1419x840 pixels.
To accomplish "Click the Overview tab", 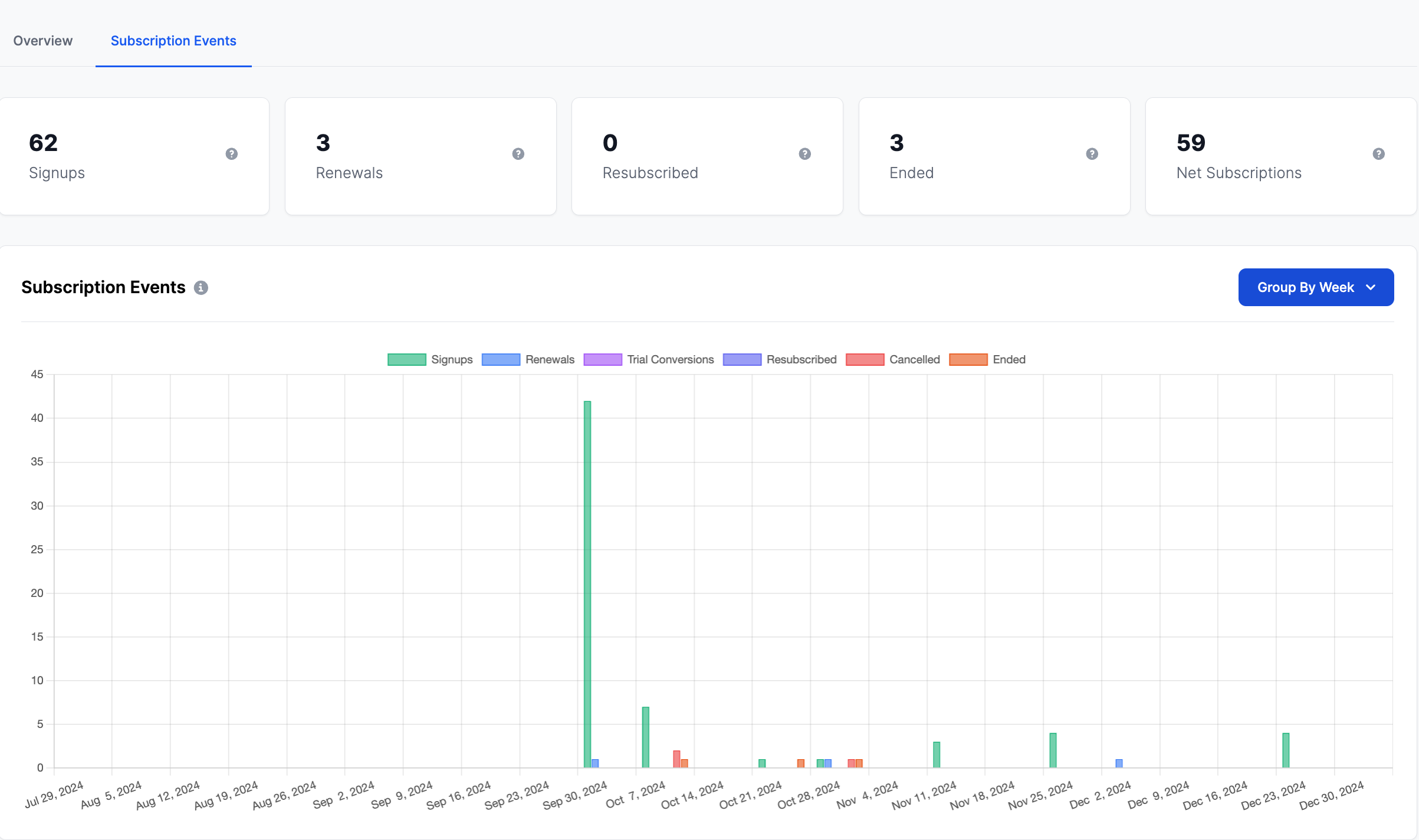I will point(43,41).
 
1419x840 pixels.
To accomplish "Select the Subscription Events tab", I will point(173,41).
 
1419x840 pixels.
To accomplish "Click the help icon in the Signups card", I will point(232,154).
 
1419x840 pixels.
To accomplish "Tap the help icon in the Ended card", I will point(1092,154).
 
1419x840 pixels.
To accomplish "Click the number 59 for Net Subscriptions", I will point(1191,143).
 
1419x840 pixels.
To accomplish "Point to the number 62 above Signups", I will point(43,143).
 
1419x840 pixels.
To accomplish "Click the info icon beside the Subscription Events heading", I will point(201,288).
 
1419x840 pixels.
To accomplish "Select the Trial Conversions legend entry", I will point(649,360).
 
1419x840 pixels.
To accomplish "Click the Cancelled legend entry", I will point(893,360).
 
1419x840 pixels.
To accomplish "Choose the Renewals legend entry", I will point(528,360).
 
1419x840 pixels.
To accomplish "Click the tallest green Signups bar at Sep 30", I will point(587,584).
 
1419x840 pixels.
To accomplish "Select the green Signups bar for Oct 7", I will point(646,737).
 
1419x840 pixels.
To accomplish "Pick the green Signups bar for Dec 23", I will point(1286,750).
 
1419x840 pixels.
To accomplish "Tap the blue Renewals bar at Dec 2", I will point(1119,763).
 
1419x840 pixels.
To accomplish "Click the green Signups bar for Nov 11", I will point(937,754).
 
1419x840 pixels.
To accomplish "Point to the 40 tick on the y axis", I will point(37,418).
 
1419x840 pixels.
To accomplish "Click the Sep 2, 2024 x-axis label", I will point(344,795).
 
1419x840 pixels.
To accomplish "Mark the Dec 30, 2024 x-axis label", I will point(1332,795).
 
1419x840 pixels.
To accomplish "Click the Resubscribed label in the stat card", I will point(650,173).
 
